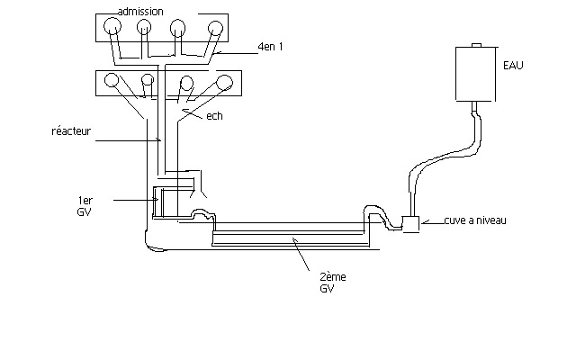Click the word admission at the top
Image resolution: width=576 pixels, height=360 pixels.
(x=140, y=12)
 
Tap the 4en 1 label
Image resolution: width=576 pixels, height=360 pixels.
(x=270, y=47)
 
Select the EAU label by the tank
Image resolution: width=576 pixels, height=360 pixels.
(x=513, y=66)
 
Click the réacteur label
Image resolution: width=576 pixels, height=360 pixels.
(x=71, y=130)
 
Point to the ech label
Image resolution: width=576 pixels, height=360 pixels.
(x=214, y=116)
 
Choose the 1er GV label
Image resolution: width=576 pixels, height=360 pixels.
(x=85, y=206)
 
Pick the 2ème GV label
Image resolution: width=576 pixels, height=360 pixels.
(x=333, y=283)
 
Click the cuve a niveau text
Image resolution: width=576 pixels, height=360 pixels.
(x=475, y=220)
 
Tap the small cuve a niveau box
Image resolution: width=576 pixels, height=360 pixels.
(x=411, y=224)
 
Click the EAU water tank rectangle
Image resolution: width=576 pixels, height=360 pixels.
(x=476, y=74)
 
